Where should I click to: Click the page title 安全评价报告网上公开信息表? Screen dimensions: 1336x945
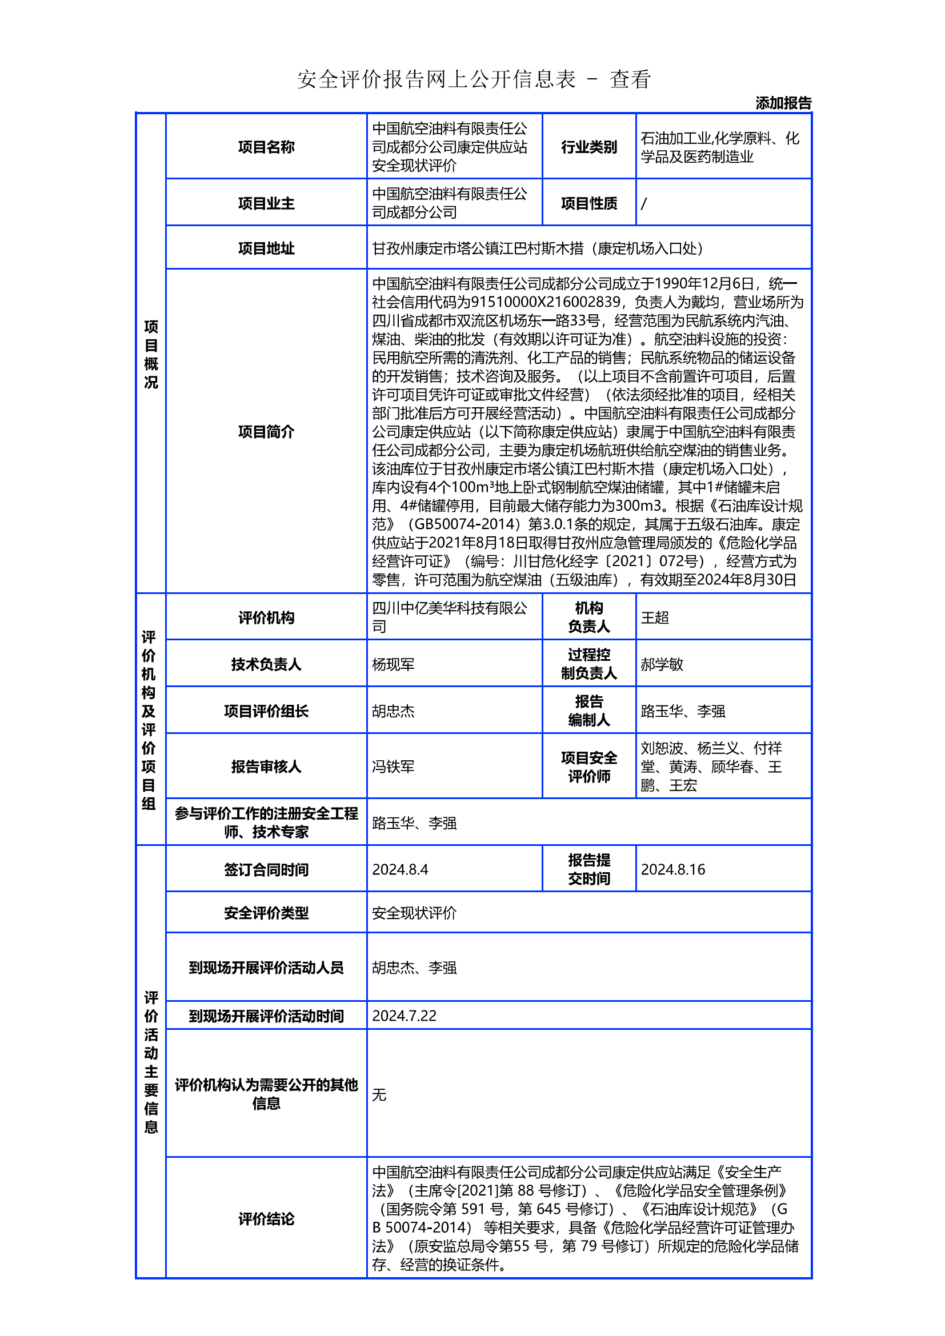(x=437, y=79)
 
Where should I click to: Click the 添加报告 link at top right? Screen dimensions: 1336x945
(x=783, y=103)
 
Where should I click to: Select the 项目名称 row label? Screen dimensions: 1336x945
(x=266, y=147)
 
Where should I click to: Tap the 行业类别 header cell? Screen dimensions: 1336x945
(x=588, y=147)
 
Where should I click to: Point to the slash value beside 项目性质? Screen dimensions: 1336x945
(x=643, y=204)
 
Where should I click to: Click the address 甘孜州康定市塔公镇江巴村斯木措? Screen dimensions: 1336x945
(x=478, y=248)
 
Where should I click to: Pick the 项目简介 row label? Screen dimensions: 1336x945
(x=266, y=432)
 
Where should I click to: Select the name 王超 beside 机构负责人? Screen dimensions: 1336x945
(x=655, y=617)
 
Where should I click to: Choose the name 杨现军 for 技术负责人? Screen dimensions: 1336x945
(x=393, y=664)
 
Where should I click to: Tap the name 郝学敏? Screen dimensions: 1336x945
(x=662, y=664)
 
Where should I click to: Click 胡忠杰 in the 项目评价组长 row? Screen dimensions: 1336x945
(x=393, y=711)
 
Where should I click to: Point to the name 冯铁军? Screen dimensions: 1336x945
(x=393, y=767)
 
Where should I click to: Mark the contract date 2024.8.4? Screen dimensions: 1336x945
(x=400, y=869)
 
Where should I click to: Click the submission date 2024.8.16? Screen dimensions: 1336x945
(x=672, y=869)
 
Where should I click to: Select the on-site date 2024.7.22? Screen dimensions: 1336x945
(x=404, y=1016)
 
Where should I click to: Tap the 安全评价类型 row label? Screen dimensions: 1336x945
(x=266, y=913)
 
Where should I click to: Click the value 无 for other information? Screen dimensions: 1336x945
(x=379, y=1095)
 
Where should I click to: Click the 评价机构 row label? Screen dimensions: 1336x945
(x=266, y=617)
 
